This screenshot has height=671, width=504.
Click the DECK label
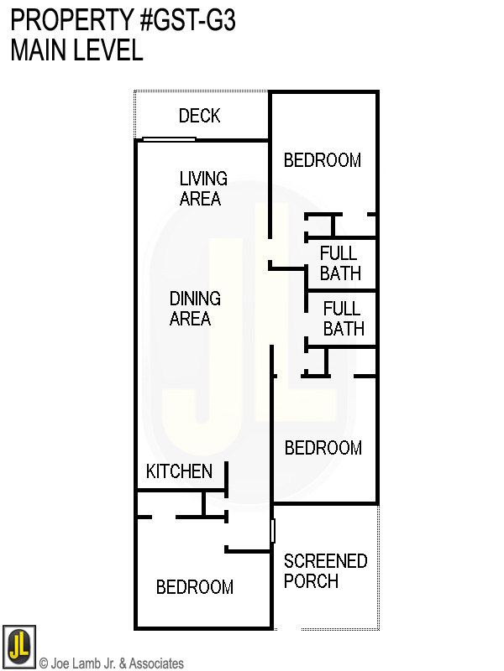point(199,116)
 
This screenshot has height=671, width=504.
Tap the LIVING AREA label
point(202,189)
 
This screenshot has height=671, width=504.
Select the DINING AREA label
point(195,309)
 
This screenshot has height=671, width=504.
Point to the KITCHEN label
point(179,471)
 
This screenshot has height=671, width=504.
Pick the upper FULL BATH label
point(339,263)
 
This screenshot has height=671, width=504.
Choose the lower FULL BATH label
point(343,318)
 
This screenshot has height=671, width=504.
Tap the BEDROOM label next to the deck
point(323,160)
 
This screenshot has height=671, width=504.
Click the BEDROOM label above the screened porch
point(323,448)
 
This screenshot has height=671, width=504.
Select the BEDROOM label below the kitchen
point(195,587)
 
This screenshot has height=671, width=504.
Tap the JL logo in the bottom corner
point(18,647)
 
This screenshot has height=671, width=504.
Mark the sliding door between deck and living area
point(170,139)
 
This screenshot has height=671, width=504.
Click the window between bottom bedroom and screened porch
point(272,531)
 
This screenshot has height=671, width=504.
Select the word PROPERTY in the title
point(66,20)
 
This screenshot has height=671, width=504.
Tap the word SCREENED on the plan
point(325,560)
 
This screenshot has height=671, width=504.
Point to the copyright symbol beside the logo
point(44,663)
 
